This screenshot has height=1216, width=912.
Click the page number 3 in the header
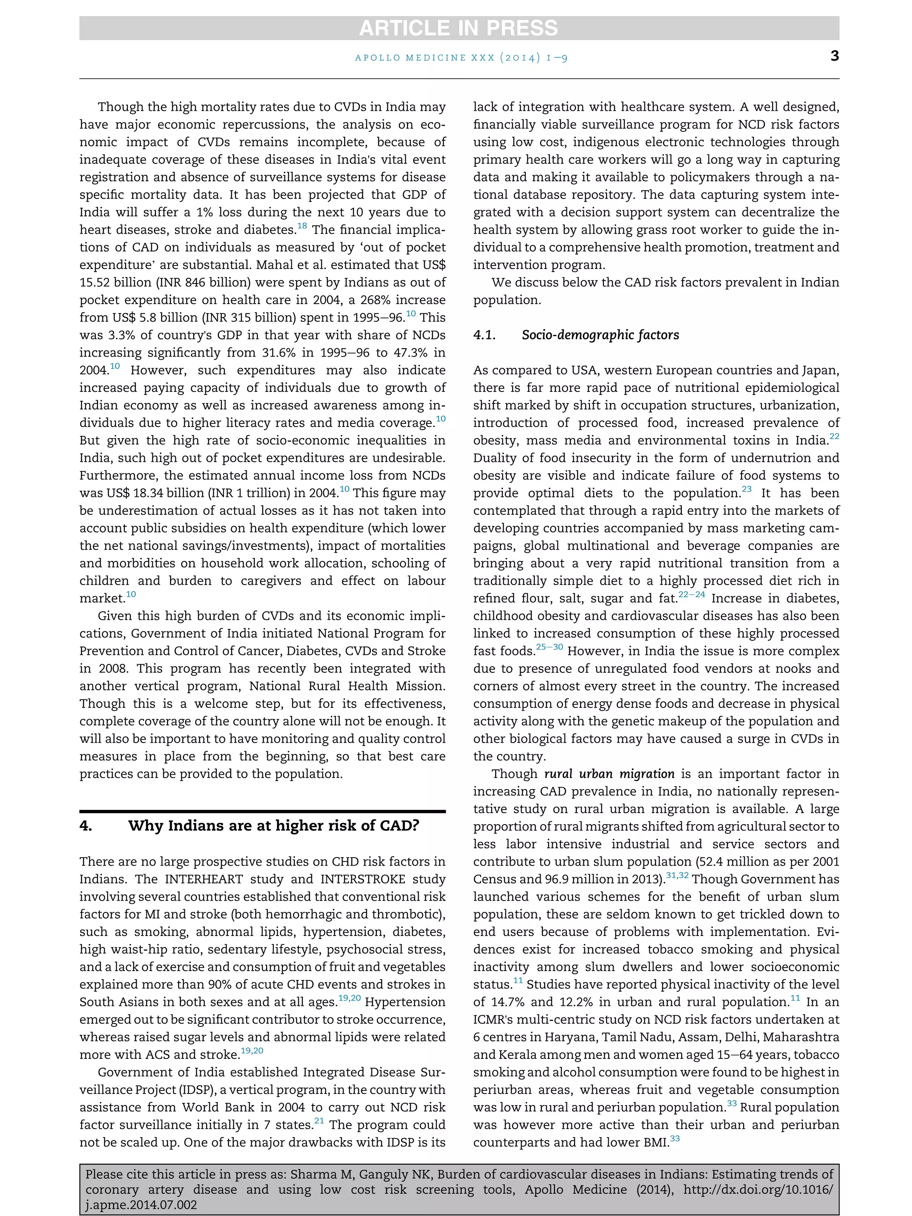(x=834, y=56)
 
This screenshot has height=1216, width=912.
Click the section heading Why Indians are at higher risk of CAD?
(x=273, y=826)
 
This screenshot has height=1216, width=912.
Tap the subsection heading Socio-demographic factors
(x=600, y=335)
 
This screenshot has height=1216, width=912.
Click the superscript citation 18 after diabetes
(x=302, y=225)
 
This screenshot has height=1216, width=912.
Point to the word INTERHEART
(x=199, y=879)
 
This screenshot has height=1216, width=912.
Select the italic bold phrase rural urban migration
(x=609, y=774)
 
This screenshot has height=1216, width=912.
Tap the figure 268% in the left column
(x=367, y=300)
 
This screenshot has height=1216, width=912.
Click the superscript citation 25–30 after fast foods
(x=549, y=647)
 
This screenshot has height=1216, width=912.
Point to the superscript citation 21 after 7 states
(x=319, y=1121)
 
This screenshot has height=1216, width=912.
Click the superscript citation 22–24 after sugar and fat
(x=692, y=594)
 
